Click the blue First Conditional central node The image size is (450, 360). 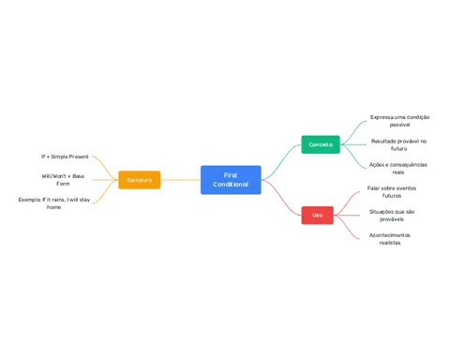pos(231,180)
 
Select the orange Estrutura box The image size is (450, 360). pos(140,180)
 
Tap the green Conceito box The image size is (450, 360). pos(321,144)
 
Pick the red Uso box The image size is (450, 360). pos(317,216)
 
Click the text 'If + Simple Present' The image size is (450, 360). pos(65,157)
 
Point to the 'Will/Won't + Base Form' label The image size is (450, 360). pos(63,180)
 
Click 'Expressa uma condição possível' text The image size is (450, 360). pos(399,121)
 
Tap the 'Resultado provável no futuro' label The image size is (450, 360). pos(398,144)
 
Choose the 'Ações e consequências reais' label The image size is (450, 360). pos(398,169)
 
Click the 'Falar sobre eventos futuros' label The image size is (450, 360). pos(392,192)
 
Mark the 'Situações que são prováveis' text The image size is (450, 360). pos(392,216)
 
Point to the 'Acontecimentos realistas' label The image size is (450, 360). pos(390,239)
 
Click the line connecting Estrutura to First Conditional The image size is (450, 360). pos(180,180)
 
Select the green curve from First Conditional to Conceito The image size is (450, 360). pos(281,161)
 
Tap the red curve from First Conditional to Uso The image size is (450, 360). pos(281,198)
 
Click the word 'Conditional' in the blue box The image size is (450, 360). pos(231,185)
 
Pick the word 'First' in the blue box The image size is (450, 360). pos(231,175)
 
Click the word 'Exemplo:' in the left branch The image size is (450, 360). pos(30,200)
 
